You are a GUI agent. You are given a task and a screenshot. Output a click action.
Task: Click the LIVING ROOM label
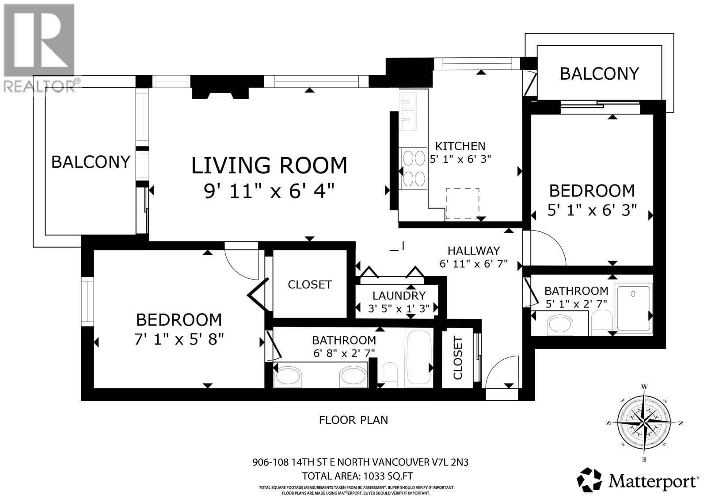[269, 165]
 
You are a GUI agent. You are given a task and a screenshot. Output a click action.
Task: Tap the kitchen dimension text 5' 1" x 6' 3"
[460, 159]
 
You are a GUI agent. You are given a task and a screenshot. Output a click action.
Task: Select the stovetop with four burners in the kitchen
[413, 169]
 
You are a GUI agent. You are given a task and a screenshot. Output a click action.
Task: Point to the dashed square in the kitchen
[462, 203]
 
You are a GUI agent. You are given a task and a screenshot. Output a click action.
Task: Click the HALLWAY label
[473, 251]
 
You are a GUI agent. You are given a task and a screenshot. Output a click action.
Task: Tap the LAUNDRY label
[399, 296]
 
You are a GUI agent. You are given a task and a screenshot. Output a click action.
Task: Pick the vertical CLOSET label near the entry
[457, 358]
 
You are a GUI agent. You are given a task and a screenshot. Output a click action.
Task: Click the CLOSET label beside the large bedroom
[309, 284]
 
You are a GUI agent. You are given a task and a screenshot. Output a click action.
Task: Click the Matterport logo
[639, 480]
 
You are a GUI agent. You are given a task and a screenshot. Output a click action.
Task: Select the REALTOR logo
[39, 46]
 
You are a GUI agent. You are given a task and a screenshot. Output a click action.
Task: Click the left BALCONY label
[91, 162]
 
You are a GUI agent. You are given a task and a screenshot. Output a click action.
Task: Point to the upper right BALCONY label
[599, 73]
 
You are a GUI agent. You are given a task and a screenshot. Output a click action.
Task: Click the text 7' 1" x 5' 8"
[179, 339]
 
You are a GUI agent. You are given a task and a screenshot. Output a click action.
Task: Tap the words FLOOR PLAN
[353, 420]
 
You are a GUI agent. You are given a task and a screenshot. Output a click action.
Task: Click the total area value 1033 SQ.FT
[388, 476]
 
